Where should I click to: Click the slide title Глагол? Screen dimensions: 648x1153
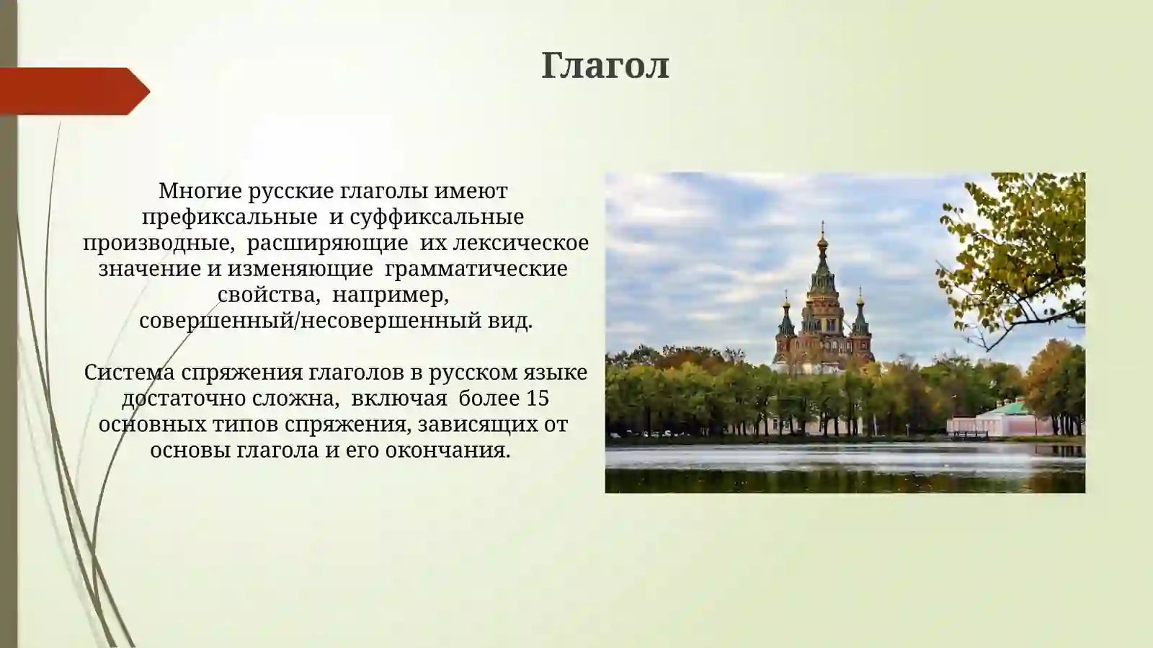(x=605, y=66)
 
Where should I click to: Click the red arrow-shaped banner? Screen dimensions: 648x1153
(x=72, y=92)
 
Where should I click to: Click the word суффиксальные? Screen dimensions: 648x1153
(x=437, y=217)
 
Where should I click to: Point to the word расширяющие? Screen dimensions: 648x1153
(x=327, y=243)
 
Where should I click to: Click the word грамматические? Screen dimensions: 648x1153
(x=476, y=269)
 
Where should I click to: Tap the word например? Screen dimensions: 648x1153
(x=391, y=295)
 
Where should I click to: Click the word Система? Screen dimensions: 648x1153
(x=129, y=373)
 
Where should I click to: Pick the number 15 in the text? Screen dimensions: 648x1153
(x=538, y=399)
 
